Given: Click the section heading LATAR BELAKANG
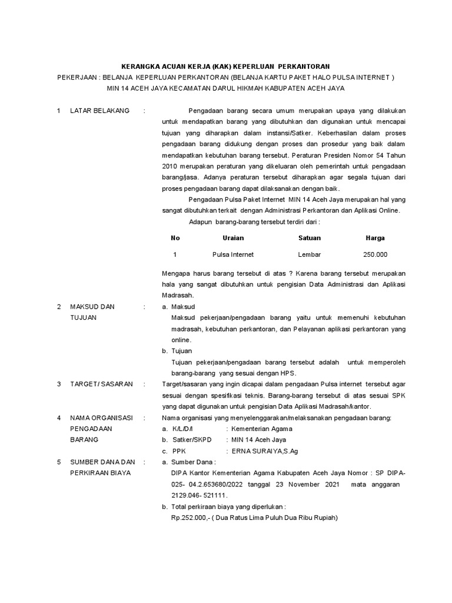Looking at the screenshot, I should (99, 111).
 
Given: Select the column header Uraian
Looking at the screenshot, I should (233, 238).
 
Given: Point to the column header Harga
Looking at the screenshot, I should (375, 238).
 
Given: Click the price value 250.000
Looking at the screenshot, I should (375, 254).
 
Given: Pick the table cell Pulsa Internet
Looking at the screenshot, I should (233, 254).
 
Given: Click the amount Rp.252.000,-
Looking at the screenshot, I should (188, 518).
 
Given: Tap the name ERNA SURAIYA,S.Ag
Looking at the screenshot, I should (258, 450).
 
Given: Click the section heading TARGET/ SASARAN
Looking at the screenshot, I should (101, 385).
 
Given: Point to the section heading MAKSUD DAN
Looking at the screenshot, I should (92, 307).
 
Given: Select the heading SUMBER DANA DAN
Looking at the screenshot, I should (102, 462).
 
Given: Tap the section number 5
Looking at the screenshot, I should (59, 462).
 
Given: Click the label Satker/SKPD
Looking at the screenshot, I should (191, 440).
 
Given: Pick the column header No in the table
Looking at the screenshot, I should (175, 238).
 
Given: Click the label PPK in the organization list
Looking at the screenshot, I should (179, 450).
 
